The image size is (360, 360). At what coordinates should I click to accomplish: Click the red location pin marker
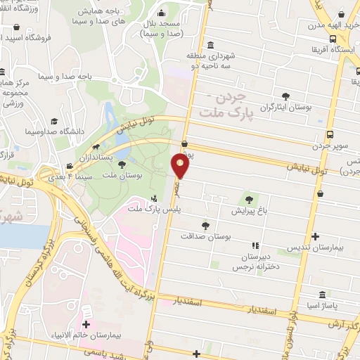pyautogui.click(x=180, y=166)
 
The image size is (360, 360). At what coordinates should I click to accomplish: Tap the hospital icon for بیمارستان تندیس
pyautogui.click(x=314, y=238)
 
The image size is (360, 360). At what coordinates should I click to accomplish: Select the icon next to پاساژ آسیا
pyautogui.click(x=321, y=294)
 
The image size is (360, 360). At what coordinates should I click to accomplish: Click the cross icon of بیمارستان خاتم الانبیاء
pyautogui.click(x=86, y=325)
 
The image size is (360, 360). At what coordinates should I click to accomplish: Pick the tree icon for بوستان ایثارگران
pyautogui.click(x=285, y=96)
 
